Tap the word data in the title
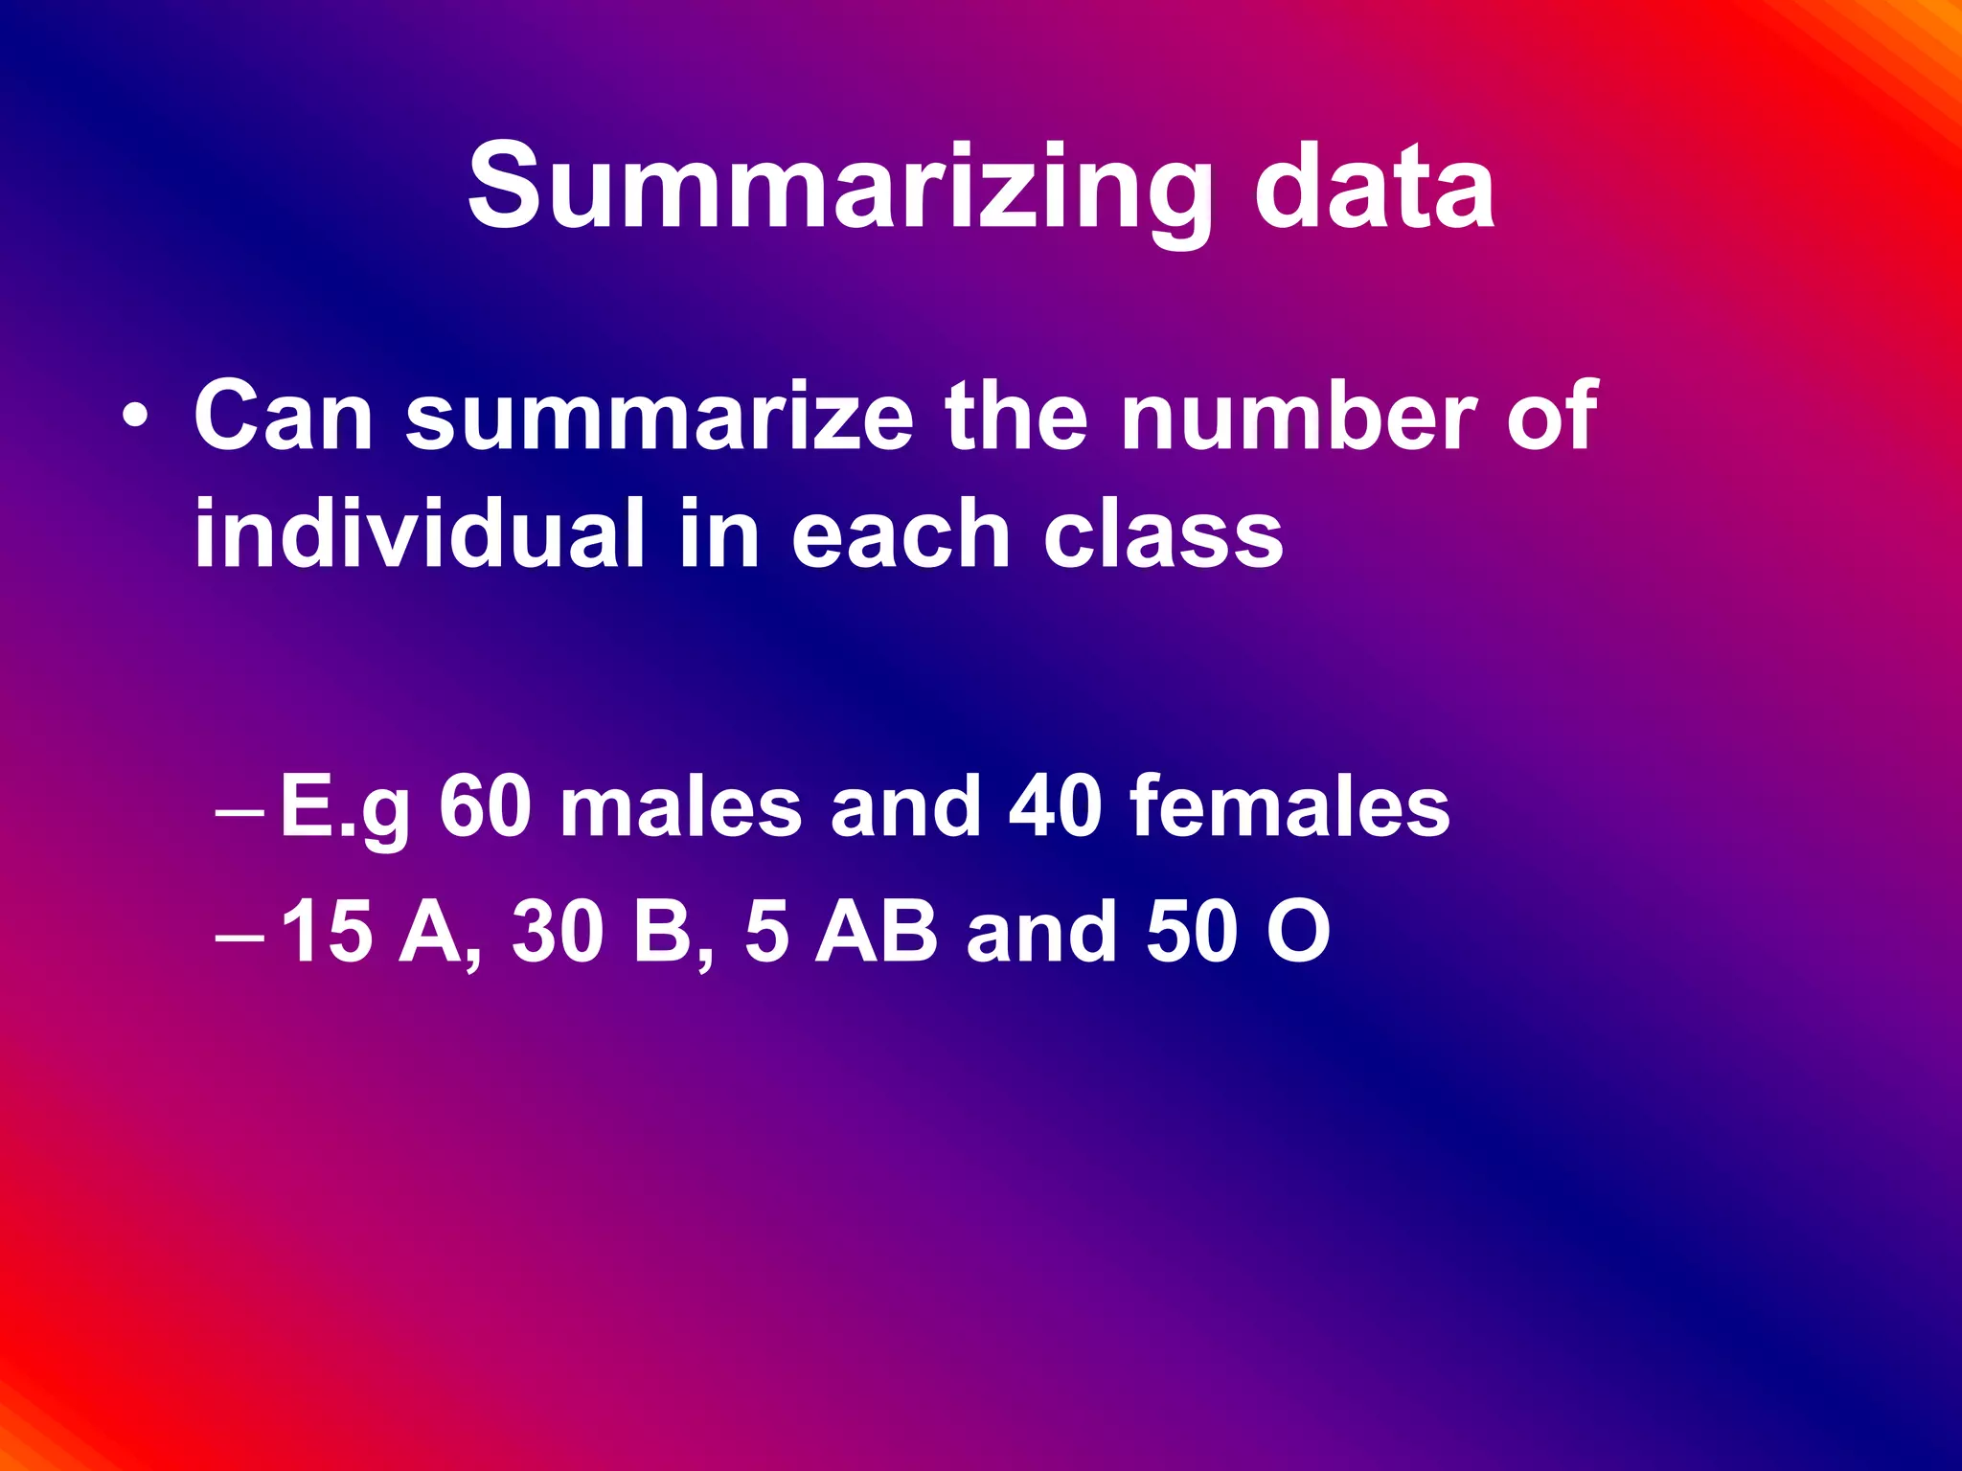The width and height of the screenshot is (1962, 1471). (x=1374, y=186)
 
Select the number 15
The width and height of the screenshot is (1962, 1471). (x=328, y=932)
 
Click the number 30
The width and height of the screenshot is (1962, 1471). (x=558, y=932)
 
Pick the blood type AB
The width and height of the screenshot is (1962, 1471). (x=876, y=932)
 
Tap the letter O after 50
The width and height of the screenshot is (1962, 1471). (x=1298, y=932)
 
